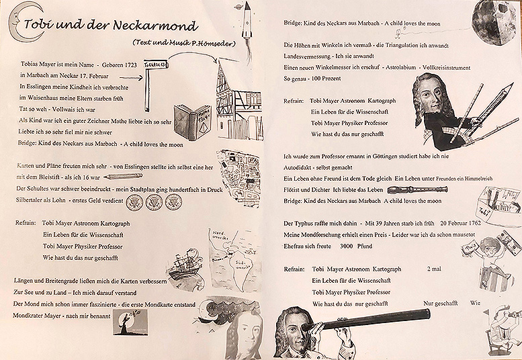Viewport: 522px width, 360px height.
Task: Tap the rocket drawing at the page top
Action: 246,17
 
